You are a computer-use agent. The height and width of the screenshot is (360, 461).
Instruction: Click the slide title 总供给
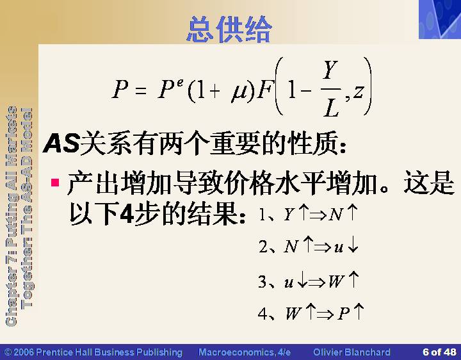(229, 29)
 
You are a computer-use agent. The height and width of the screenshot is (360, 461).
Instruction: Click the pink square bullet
(55, 183)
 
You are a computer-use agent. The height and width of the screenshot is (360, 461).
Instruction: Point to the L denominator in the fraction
(331, 108)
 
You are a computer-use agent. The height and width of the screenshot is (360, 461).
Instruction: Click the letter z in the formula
(358, 92)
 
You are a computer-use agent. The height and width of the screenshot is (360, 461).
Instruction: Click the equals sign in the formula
(141, 90)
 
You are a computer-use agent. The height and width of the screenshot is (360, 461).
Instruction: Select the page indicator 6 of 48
(439, 352)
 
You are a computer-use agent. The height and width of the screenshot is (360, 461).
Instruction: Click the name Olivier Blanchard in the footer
(352, 352)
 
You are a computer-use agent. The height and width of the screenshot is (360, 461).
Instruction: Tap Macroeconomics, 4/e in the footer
(245, 352)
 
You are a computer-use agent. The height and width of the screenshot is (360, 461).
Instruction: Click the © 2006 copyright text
(93, 352)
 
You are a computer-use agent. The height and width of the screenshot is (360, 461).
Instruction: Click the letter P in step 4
(343, 313)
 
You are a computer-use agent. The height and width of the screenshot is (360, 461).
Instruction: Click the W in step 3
(336, 281)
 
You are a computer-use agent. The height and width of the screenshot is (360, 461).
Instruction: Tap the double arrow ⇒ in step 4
(325, 315)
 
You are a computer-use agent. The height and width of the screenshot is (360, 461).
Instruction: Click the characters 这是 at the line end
(429, 183)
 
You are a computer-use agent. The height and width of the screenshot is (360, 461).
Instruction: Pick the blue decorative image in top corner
(440, 19)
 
